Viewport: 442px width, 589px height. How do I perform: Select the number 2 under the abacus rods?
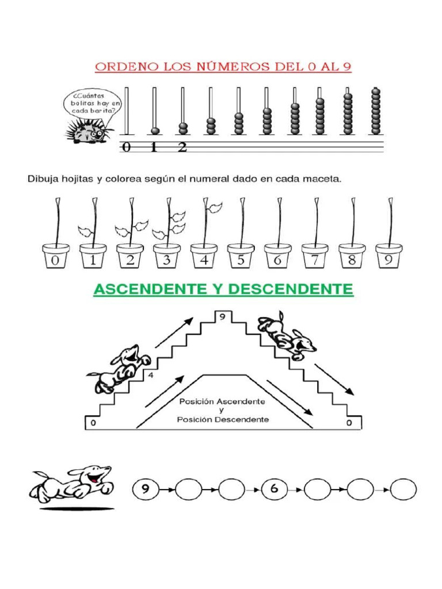coord(182,148)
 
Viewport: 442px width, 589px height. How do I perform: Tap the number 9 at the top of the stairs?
coord(221,316)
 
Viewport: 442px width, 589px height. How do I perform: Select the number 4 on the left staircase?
coord(151,376)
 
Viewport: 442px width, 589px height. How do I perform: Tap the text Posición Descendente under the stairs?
coord(222,419)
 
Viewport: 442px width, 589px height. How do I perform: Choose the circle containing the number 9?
coord(146,490)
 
